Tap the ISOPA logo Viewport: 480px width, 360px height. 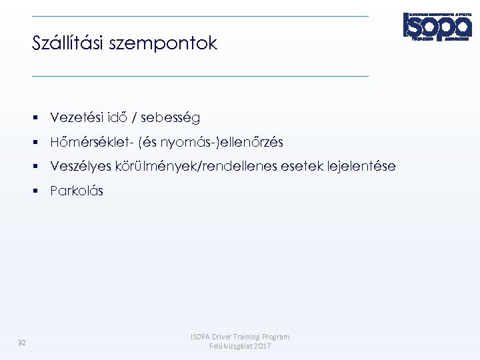click(437, 26)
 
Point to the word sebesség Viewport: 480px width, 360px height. click(171, 119)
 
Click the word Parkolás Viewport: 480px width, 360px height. click(77, 191)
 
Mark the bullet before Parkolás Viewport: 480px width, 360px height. click(41, 191)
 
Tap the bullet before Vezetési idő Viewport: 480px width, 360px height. click(41, 118)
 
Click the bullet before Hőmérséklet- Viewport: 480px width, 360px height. click(41, 143)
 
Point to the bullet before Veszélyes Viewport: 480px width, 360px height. click(41, 167)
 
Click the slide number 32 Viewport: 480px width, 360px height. click(22, 343)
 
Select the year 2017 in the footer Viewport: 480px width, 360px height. click(262, 347)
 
